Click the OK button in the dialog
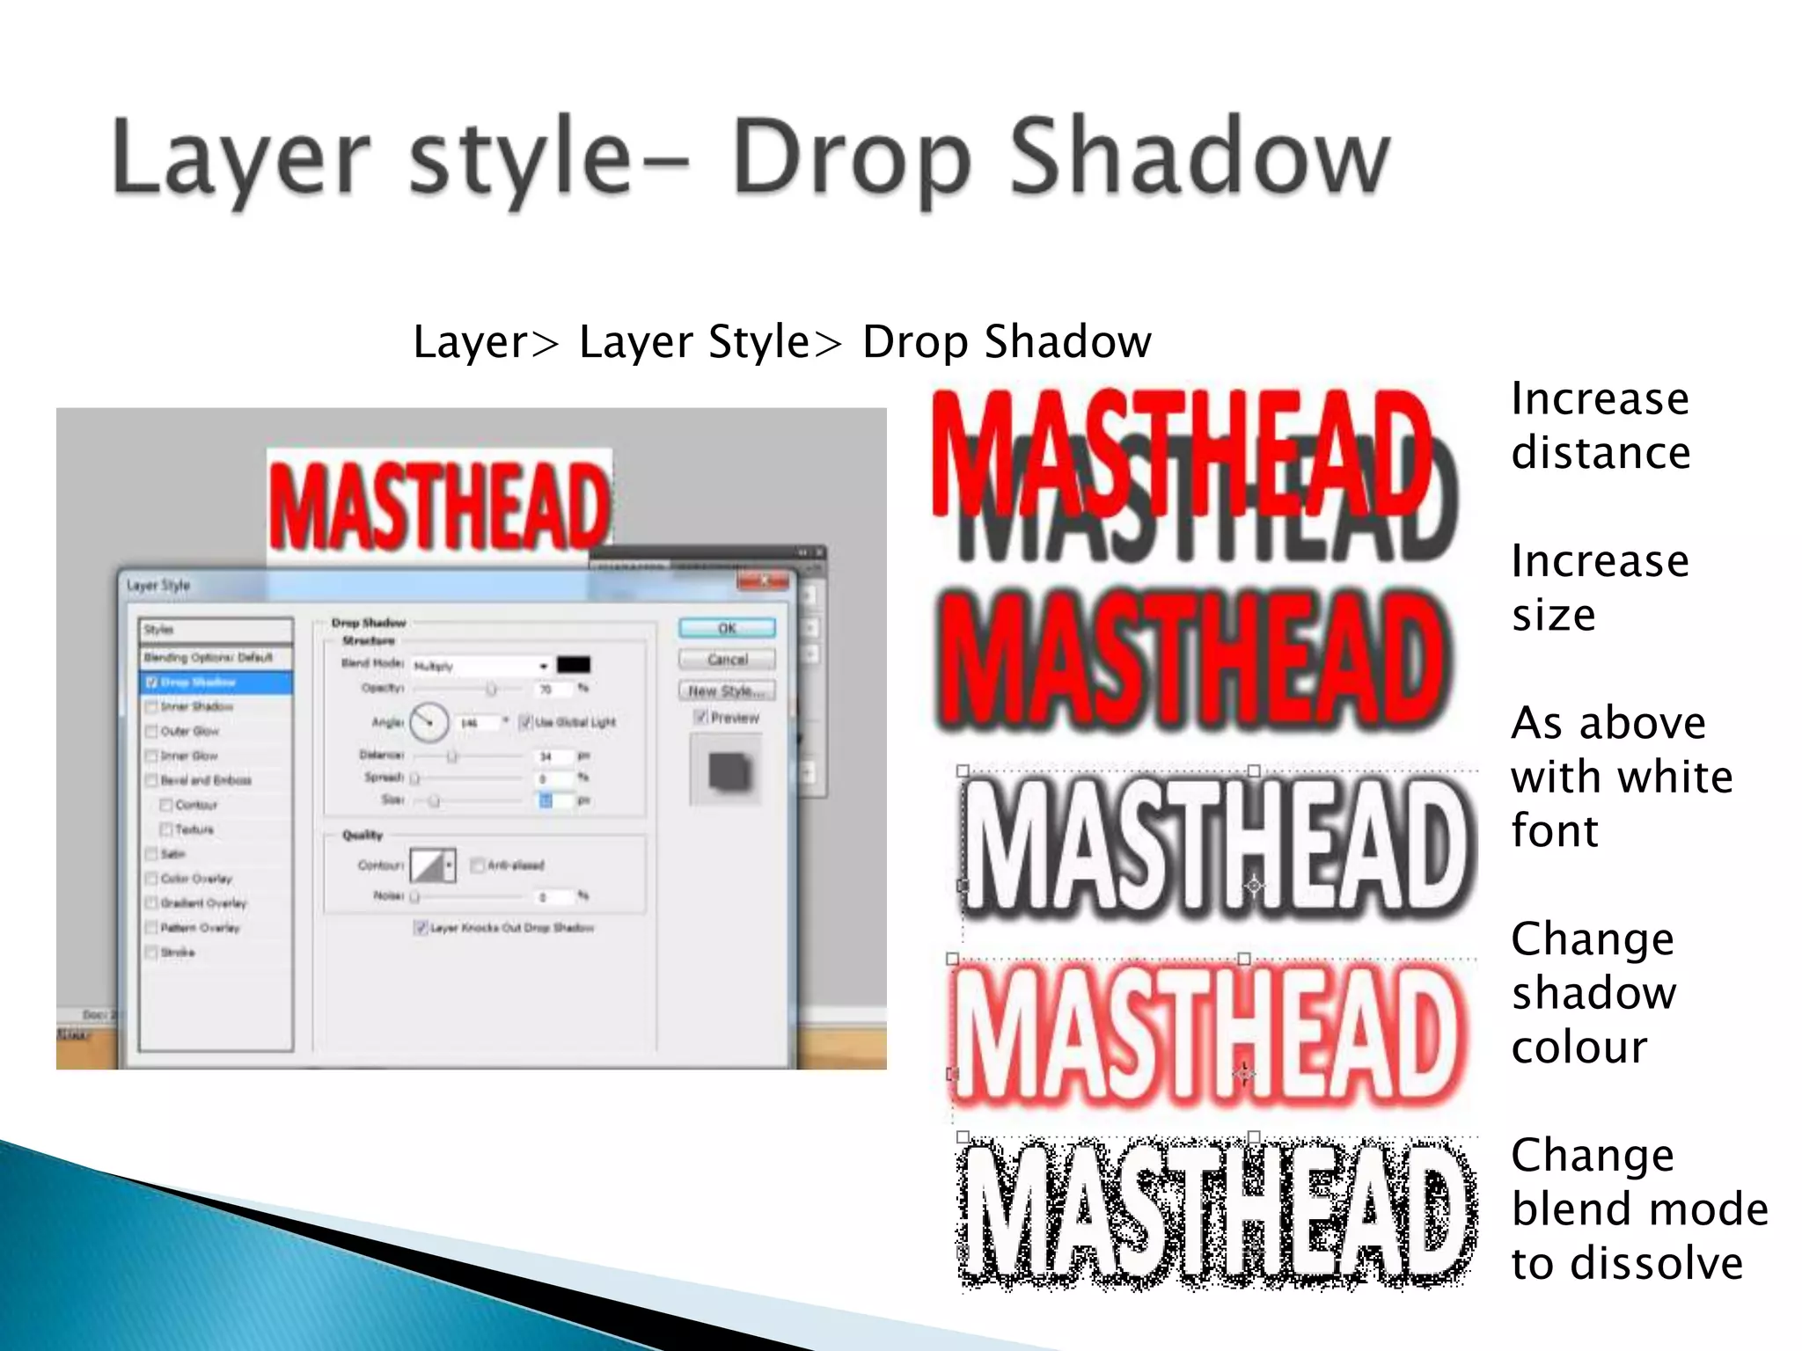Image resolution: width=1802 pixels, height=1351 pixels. click(727, 628)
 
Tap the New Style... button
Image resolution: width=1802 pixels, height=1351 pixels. click(727, 691)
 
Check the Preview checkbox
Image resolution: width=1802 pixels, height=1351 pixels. click(701, 717)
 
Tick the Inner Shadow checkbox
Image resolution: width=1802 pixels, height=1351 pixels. click(151, 707)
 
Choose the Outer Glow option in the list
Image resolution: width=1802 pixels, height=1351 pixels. click(189, 731)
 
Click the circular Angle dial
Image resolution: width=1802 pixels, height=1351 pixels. click(429, 722)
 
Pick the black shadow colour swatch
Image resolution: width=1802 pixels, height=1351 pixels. click(574, 665)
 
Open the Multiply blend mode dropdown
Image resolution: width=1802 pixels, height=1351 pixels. click(481, 667)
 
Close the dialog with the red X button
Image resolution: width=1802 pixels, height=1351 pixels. click(763, 581)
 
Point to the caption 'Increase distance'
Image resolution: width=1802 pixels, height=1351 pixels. click(1601, 426)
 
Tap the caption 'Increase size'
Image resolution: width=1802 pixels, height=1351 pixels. click(1601, 588)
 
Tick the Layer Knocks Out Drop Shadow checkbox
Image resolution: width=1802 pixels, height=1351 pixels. click(421, 928)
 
